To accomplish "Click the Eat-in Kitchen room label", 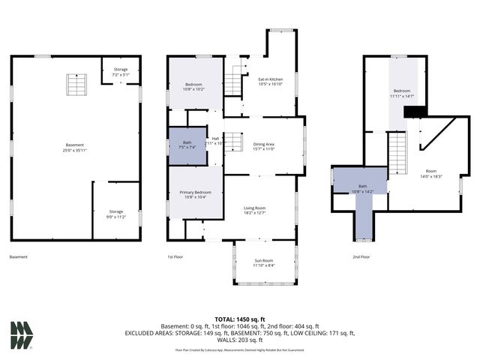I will [x=270, y=82].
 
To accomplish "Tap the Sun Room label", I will [x=263, y=262].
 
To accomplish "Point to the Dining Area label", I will [x=263, y=146].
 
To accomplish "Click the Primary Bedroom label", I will [x=195, y=195].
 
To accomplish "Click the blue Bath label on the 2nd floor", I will [x=362, y=188].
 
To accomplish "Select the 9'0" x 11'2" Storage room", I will [x=115, y=214].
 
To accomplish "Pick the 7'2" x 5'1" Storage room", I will [x=121, y=72].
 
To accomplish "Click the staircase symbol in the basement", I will [x=73, y=83].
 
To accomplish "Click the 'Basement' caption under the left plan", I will [x=19, y=257].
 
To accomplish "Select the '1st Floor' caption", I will [x=175, y=257].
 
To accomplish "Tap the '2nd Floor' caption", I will [x=361, y=257].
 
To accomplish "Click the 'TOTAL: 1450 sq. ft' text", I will [x=240, y=319].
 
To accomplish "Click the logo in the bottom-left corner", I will [x=22, y=334].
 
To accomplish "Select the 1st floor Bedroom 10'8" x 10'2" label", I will [x=195, y=87].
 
